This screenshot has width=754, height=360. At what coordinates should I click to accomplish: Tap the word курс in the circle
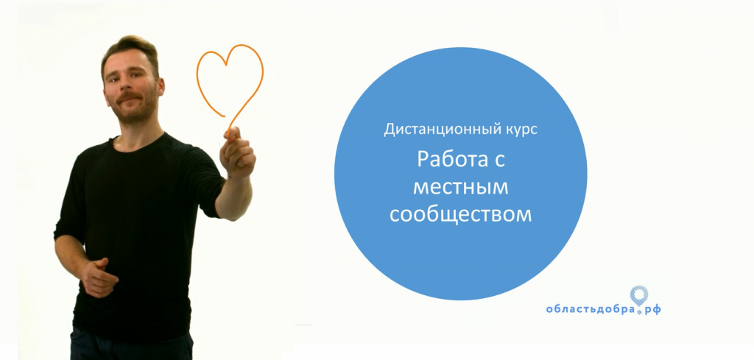coord(521,131)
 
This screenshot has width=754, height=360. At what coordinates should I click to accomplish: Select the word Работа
coord(448,159)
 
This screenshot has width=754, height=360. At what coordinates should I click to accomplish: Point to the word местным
coord(460,187)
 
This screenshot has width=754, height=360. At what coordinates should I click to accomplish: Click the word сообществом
coord(460,214)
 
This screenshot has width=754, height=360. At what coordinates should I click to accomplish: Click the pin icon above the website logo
coord(638,295)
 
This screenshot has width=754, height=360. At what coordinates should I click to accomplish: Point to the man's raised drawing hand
coord(236,153)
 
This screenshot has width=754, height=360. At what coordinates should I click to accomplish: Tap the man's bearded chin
coord(134,114)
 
